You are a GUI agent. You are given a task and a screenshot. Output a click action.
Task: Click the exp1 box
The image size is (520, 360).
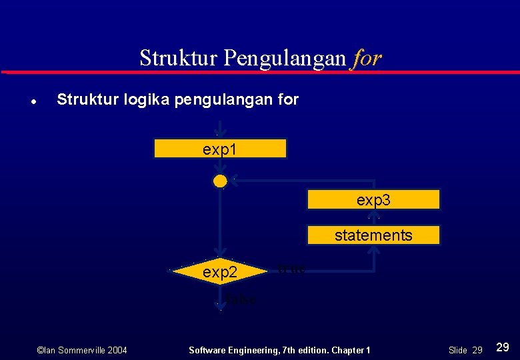coord(220,149)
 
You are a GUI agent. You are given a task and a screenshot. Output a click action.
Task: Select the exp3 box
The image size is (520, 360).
coord(373,199)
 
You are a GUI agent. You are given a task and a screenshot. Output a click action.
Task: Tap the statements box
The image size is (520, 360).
coord(373,235)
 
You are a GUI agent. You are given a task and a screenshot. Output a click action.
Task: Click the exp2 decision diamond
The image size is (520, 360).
coord(219,272)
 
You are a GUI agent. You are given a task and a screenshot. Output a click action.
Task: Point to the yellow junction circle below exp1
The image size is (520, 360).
coord(220,181)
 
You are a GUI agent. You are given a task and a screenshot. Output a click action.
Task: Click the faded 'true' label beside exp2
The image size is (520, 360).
coord(291,269)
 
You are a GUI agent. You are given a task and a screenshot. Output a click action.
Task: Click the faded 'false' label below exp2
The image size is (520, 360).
coord(241,300)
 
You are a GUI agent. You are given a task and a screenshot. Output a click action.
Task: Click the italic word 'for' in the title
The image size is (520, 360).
coord(367,58)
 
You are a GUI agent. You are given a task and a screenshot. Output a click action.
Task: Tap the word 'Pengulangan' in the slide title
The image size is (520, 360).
coord(285,58)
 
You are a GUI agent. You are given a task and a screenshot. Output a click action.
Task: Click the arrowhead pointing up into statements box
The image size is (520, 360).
coord(374,251)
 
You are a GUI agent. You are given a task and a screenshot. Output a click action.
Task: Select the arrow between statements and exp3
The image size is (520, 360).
coord(374,217)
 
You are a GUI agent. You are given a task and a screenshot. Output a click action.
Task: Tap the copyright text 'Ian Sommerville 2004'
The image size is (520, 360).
coord(82,350)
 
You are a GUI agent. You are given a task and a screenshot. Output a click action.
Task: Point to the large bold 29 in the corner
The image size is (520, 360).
coord(503,347)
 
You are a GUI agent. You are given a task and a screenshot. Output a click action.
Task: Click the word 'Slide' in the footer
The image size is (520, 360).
coord(457,350)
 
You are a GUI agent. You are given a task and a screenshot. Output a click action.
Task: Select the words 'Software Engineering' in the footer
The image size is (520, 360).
coord(229,350)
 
